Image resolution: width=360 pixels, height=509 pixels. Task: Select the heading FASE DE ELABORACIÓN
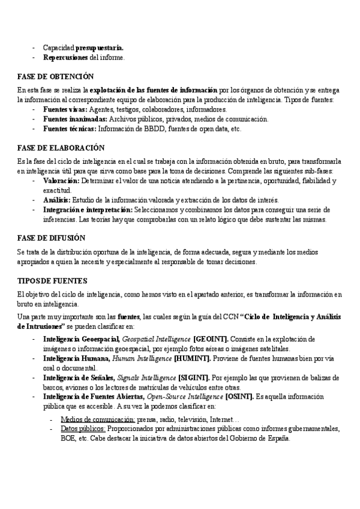coord(61,147)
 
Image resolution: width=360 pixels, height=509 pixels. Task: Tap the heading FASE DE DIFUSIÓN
coord(54,237)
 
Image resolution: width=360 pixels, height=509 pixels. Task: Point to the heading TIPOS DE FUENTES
coord(52,280)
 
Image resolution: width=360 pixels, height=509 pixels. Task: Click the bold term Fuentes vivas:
coord(65,110)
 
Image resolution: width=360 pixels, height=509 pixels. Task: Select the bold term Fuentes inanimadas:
coord(75,119)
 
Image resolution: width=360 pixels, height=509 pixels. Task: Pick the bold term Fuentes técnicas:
coord(70,129)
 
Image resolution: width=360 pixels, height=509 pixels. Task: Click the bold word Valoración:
coord(62,180)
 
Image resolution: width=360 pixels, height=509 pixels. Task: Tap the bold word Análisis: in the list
coord(56,199)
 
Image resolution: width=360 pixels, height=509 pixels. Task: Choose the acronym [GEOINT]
coord(210,339)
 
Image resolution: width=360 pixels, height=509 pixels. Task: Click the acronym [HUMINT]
coord(191,358)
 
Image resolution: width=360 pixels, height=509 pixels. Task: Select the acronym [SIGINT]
coord(194,378)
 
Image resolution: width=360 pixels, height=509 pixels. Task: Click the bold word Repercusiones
coord(65,58)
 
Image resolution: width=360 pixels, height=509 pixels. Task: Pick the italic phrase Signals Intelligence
coord(146,378)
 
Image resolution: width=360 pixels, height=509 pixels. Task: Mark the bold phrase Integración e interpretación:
coord(88,209)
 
